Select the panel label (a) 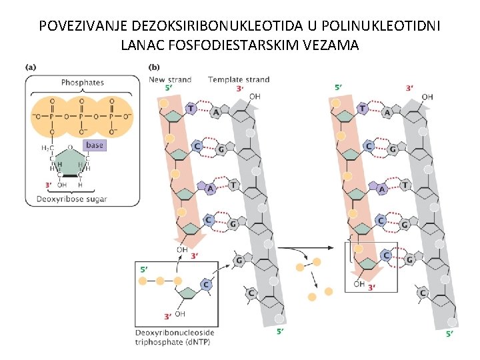(31, 67)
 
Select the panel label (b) (154, 67)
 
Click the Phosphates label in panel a (82, 83)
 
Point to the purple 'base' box (95, 145)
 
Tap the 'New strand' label (170, 79)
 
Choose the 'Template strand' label (239, 79)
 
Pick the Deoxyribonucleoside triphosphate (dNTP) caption (175, 337)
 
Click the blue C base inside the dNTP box (206, 285)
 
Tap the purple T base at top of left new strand (191, 108)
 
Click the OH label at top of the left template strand (254, 97)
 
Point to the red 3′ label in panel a (48, 185)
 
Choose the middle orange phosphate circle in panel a (81, 114)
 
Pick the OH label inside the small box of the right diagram (359, 284)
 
